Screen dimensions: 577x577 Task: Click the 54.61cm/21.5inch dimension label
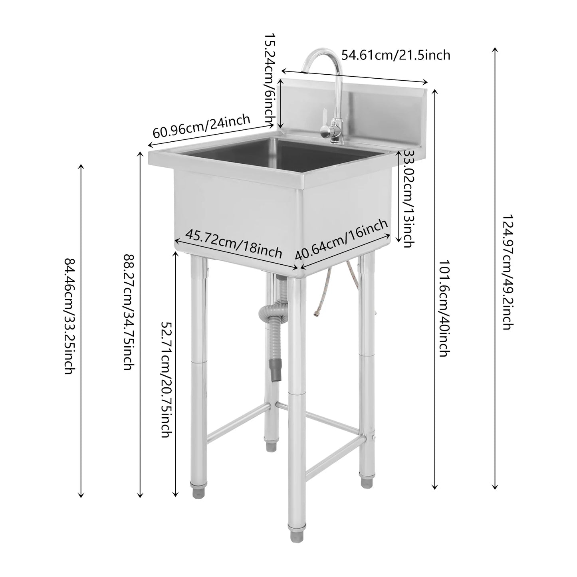[x=395, y=55]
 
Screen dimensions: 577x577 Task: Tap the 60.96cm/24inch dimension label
[x=201, y=126]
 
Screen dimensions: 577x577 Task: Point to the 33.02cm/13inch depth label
[x=408, y=198]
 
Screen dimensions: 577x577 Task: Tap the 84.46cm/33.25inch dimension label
[x=69, y=315]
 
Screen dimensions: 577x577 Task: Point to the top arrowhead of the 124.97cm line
[x=495, y=50]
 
